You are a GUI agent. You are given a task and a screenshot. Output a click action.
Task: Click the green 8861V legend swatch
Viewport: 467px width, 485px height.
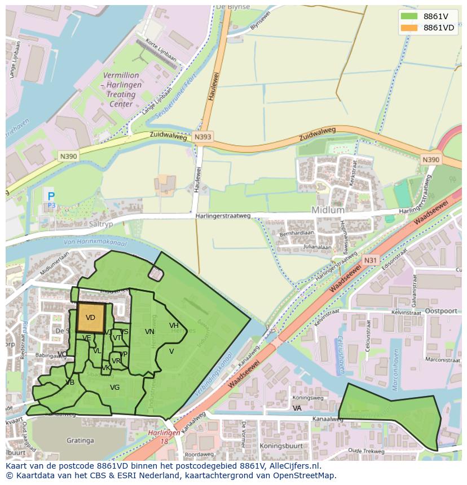click(409, 16)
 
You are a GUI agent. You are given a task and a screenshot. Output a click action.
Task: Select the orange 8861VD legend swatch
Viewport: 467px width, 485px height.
click(409, 28)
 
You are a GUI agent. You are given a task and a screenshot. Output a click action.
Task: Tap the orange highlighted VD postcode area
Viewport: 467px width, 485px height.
click(91, 318)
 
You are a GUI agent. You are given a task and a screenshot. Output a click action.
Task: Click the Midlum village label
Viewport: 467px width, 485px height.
click(328, 210)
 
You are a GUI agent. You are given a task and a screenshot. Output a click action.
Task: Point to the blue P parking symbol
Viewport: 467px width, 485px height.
click(51, 197)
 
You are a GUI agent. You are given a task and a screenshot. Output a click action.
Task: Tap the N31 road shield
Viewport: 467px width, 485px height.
click(370, 260)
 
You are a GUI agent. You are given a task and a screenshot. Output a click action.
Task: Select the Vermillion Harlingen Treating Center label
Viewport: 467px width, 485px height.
click(121, 90)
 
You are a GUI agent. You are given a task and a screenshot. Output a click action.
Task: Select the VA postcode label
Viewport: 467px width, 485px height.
click(297, 408)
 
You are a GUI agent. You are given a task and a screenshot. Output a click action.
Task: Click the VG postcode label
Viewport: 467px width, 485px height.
click(114, 388)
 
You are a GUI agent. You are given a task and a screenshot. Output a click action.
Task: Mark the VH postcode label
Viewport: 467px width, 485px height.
click(174, 326)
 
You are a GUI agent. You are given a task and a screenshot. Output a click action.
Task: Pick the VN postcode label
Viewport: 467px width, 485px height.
click(149, 332)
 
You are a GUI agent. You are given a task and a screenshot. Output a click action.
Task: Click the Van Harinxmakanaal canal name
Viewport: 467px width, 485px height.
click(95, 243)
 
